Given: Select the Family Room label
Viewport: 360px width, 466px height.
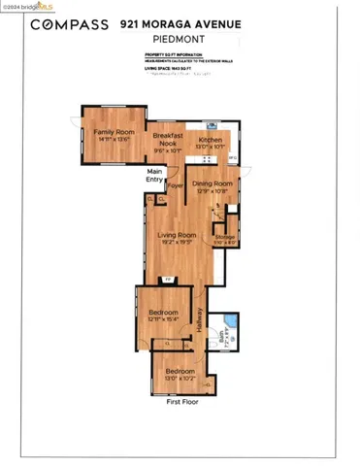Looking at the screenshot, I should click(109, 136).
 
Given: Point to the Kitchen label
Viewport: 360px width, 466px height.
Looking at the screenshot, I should click(211, 141).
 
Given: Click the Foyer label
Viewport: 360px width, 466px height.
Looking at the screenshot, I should click(176, 183).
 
